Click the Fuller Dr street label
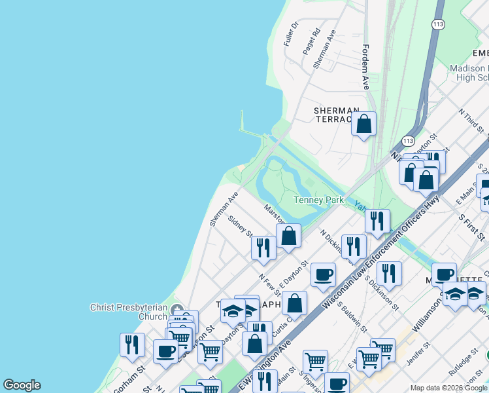[290, 33]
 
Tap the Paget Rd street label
[311, 41]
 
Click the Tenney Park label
[319, 200]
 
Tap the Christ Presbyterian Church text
[129, 312]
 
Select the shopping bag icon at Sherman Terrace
[364, 122]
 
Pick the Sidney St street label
[241, 224]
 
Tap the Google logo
[22, 385]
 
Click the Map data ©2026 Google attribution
[448, 388]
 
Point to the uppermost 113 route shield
[438, 24]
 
